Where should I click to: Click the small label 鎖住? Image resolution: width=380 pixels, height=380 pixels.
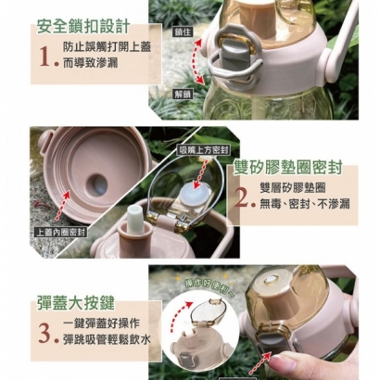coord(182,32)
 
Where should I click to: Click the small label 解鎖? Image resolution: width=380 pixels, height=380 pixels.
coord(183,93)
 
